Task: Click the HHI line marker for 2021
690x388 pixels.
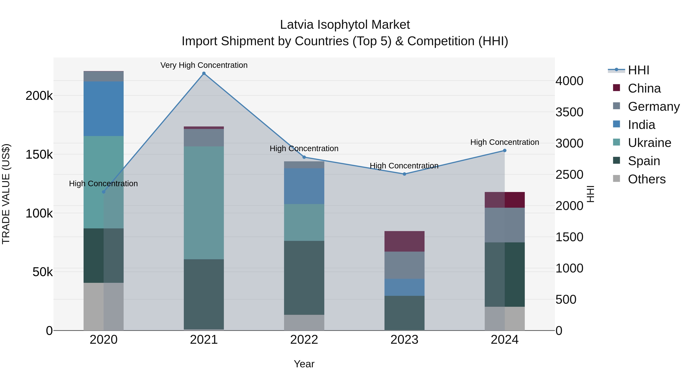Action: tap(204, 73)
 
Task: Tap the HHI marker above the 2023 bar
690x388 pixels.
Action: tap(404, 174)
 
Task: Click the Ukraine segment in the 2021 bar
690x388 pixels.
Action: tap(204, 203)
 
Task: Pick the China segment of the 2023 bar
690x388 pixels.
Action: tap(404, 241)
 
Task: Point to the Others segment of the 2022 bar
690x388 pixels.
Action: tap(304, 322)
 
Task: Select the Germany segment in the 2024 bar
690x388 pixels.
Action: tap(505, 225)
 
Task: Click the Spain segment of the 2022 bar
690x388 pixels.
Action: tap(304, 278)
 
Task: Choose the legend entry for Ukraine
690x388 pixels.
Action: tap(649, 143)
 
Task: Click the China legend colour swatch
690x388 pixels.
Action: tap(617, 88)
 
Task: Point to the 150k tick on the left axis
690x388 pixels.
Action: tap(39, 154)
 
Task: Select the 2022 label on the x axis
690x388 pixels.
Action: tap(304, 340)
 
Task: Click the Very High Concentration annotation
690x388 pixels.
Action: tap(204, 65)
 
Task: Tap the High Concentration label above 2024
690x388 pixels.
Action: tap(505, 142)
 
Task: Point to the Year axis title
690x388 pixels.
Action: tap(304, 364)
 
